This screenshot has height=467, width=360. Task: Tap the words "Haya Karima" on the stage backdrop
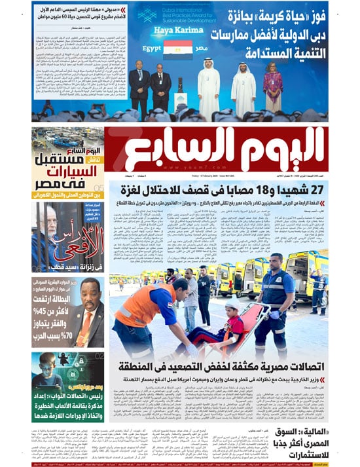[177, 31]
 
